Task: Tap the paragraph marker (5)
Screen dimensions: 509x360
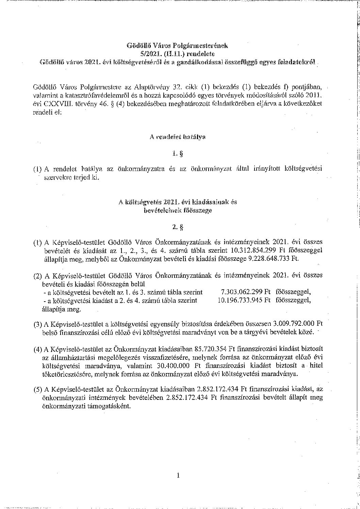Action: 38,389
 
